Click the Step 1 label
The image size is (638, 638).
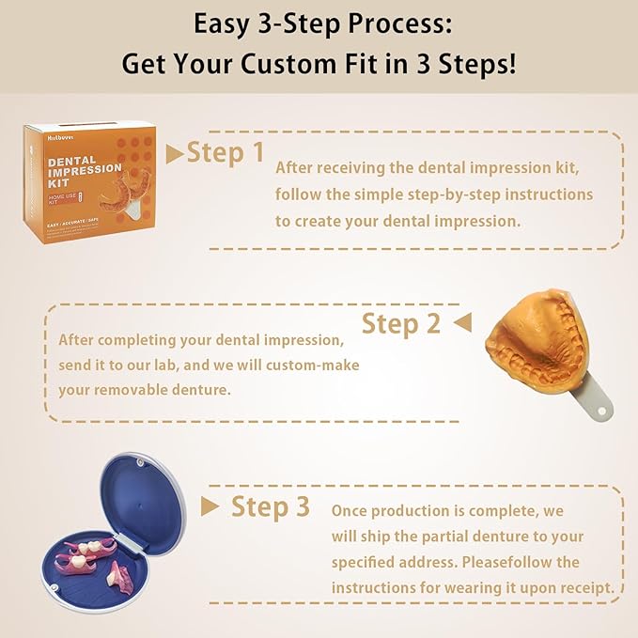tap(226, 152)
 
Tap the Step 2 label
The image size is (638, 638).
tap(401, 324)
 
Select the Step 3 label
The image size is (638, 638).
tap(271, 506)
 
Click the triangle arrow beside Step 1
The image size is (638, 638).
tap(174, 153)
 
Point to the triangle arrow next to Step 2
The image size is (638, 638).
tap(461, 324)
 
